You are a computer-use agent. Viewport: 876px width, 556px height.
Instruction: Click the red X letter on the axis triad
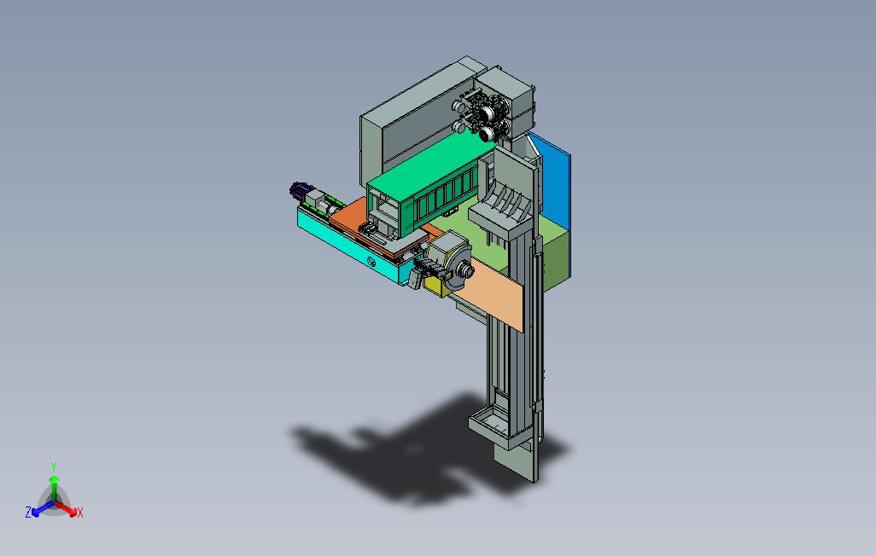pyautogui.click(x=80, y=513)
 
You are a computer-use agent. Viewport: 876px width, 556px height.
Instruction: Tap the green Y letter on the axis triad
pyautogui.click(x=54, y=466)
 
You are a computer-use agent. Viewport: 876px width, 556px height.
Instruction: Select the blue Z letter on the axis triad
pyautogui.click(x=28, y=512)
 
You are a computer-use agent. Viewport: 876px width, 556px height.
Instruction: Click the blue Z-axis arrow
pyautogui.click(x=43, y=507)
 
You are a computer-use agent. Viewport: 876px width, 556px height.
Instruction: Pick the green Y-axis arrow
pyautogui.click(x=54, y=489)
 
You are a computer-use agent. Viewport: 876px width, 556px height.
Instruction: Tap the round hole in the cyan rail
pyautogui.click(x=371, y=261)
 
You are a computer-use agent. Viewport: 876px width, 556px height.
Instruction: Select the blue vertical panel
pyautogui.click(x=551, y=182)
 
